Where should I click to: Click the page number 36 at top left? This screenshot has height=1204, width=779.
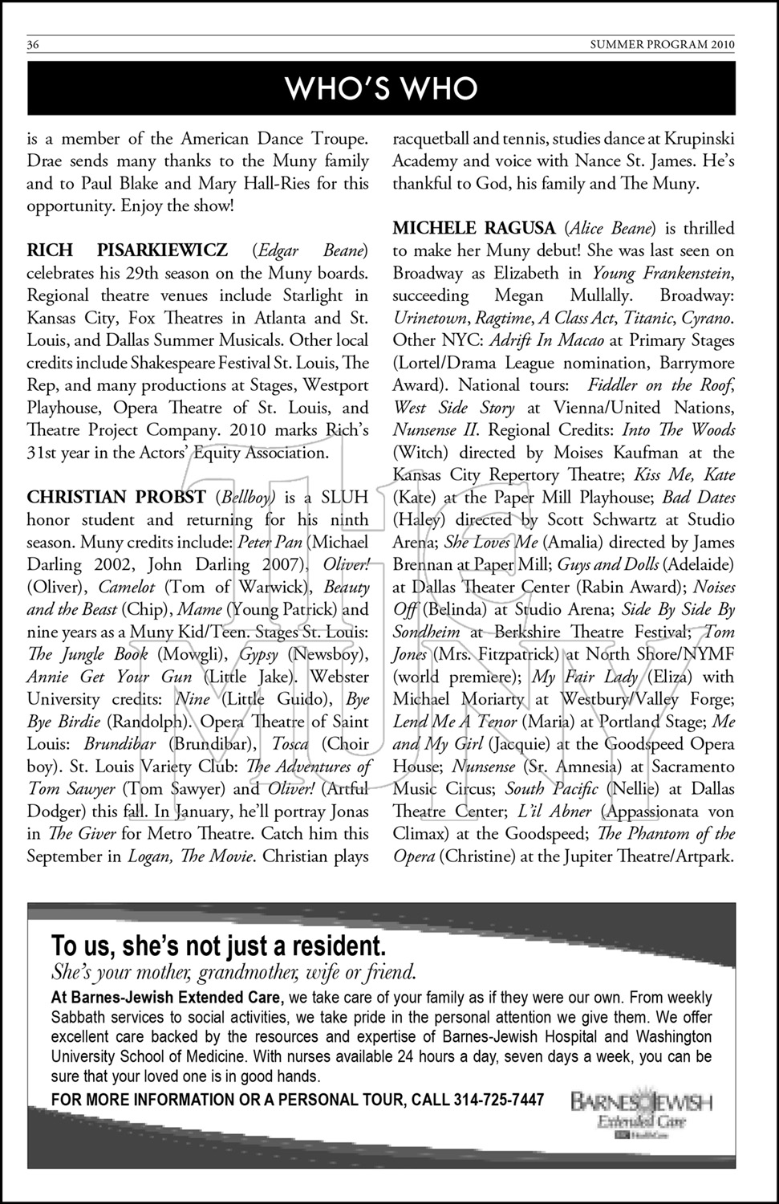pyautogui.click(x=33, y=45)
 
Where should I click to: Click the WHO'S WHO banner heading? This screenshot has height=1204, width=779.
pyautogui.click(x=381, y=88)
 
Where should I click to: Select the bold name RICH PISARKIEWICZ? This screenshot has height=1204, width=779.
pyautogui.click(x=127, y=250)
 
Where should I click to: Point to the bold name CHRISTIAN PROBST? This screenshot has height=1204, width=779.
pyautogui.click(x=116, y=497)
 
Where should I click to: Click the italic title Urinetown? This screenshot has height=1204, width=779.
pyautogui.click(x=425, y=318)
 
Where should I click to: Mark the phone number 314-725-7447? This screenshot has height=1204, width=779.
pyautogui.click(x=498, y=1099)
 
